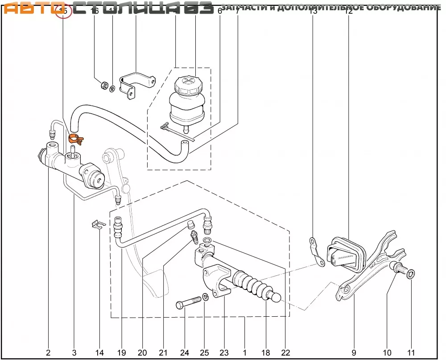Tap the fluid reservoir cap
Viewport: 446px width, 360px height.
point(187,84)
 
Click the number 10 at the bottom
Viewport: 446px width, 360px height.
point(387,353)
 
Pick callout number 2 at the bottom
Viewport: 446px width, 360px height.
point(48,353)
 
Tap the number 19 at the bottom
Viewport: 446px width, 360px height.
point(121,353)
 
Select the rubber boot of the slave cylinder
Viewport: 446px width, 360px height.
point(252,285)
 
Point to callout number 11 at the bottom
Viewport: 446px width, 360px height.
point(411,353)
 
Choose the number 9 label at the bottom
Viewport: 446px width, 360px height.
point(354,353)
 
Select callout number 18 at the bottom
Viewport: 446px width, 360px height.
point(266,353)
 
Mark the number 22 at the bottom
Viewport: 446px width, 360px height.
point(285,353)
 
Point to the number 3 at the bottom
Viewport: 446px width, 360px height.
point(74,353)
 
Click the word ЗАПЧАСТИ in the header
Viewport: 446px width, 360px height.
point(241,8)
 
